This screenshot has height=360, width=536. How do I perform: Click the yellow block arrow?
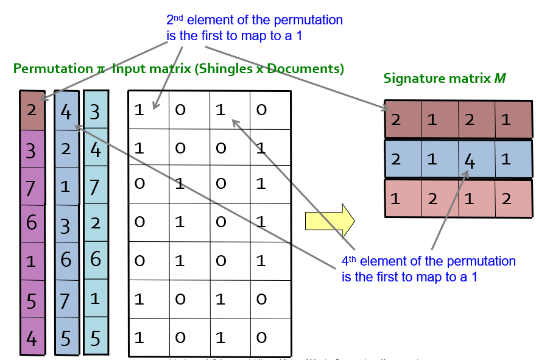[330, 221]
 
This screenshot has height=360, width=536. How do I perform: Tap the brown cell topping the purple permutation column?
[32, 110]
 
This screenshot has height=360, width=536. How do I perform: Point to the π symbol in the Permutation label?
[100, 69]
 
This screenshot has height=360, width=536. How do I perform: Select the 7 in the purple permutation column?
[31, 187]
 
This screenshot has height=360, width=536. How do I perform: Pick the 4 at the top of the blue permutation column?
[66, 112]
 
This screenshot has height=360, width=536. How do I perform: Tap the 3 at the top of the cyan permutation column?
[95, 111]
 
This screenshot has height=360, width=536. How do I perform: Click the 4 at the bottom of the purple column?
[31, 337]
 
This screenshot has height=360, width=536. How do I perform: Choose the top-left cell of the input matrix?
[148, 110]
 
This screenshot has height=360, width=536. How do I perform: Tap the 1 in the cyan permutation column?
[95, 299]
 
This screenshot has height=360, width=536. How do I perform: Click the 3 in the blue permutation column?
[66, 225]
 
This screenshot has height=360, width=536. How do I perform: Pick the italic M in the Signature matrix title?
[501, 79]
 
